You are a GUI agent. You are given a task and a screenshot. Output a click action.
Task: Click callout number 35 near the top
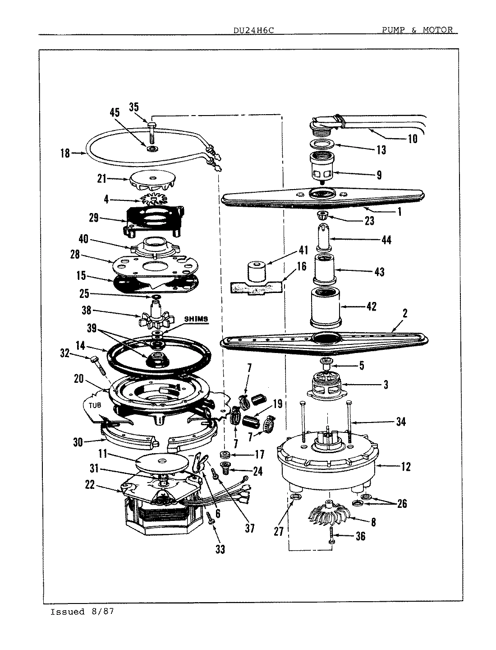[134, 107]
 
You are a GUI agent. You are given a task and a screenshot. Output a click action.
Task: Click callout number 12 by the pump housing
[405, 467]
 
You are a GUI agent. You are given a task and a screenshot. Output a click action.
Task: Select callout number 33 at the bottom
[220, 549]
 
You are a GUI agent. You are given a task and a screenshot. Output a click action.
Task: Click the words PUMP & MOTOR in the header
[417, 30]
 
